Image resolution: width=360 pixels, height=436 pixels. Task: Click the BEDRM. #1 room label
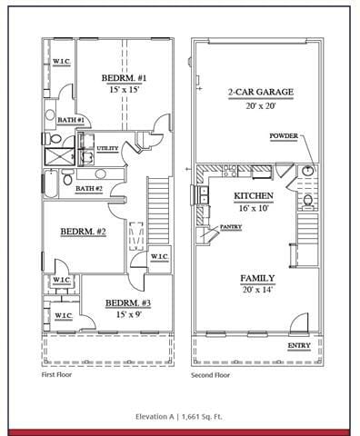point(125,79)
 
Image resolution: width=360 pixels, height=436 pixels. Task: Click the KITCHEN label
point(255,196)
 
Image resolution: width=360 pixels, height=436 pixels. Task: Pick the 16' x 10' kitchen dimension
point(255,208)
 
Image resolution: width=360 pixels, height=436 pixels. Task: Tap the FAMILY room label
point(258,278)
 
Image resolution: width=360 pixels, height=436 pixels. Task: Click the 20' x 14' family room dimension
point(258,290)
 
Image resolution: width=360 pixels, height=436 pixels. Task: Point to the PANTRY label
point(230,227)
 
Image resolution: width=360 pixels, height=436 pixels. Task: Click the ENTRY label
point(298,346)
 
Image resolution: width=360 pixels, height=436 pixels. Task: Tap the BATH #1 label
point(71,120)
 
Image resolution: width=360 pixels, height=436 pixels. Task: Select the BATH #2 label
point(89,188)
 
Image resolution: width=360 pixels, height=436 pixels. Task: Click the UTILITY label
point(107,148)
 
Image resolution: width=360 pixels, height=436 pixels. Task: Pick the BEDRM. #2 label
point(84,233)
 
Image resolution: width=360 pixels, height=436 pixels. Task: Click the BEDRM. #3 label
point(127,302)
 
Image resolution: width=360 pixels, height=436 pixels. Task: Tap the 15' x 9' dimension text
point(126,314)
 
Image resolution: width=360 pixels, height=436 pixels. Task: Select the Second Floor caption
point(211,374)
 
